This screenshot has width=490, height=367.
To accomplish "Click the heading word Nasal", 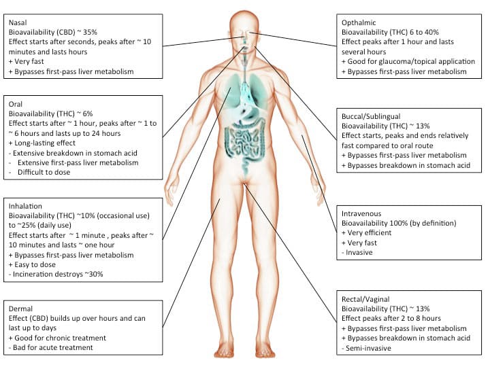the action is [18, 22].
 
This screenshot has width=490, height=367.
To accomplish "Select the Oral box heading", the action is [15, 104].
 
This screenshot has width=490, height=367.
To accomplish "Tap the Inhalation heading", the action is [25, 207].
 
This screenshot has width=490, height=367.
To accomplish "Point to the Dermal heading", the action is [20, 309].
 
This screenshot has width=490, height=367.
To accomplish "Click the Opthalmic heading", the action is [359, 23].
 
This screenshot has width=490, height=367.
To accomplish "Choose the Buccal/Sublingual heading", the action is [371, 117].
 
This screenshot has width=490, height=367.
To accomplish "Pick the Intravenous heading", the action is [361, 214].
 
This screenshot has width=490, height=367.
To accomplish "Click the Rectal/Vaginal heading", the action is [365, 300].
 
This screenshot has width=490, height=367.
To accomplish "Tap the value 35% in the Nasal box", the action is [90, 32].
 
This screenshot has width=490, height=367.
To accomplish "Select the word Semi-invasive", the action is [368, 348].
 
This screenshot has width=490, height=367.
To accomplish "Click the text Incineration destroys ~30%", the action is [58, 275].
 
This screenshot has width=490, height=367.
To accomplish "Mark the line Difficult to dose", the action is [44, 172].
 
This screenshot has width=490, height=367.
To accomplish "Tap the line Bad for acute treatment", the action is [53, 348].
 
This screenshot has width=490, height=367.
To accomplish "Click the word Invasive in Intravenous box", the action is [359, 252].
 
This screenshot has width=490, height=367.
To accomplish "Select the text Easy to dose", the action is [35, 264].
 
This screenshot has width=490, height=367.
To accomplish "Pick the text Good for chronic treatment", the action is [61, 338].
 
